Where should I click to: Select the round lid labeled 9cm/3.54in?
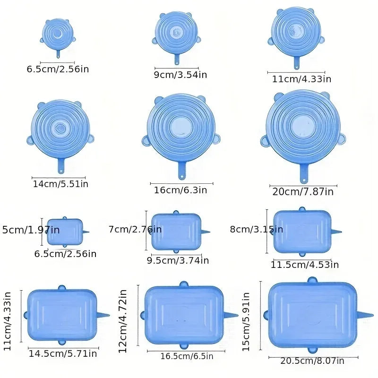[176, 32]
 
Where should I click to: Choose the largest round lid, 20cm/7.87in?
[302, 126]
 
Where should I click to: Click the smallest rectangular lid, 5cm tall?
[64, 232]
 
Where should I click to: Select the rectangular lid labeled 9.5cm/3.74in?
[176, 232]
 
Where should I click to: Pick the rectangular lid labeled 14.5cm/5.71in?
[61, 315]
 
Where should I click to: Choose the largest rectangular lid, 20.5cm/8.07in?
[312, 315]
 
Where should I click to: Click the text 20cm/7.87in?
[302, 192]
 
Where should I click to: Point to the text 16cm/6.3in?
[180, 190]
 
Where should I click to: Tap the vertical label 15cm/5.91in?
[246, 321]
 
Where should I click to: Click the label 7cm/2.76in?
[135, 230]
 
